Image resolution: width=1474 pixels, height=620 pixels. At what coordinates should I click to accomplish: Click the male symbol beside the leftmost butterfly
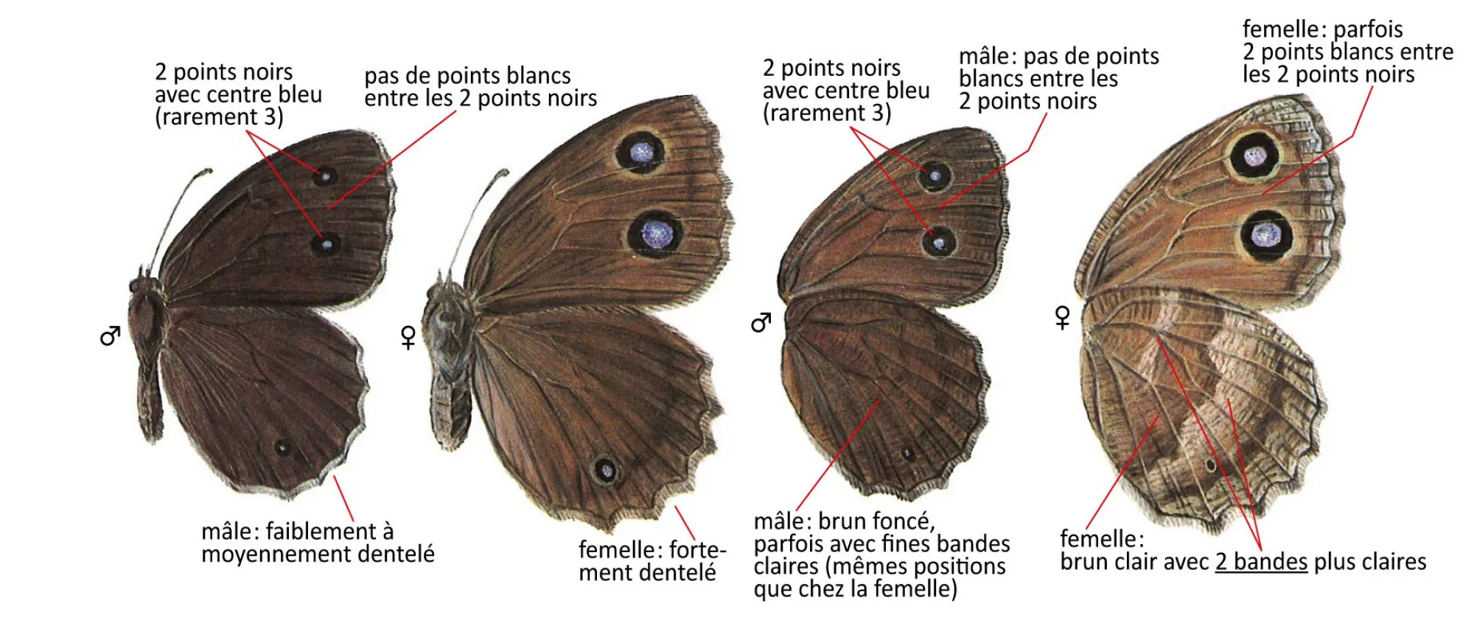[x=110, y=336]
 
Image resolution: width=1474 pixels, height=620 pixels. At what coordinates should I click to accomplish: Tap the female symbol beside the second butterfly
[x=408, y=338]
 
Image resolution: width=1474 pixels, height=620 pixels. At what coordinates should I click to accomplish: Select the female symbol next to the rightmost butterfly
[x=1063, y=318]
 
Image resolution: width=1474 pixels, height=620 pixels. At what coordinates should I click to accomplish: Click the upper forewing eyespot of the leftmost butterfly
[x=323, y=176]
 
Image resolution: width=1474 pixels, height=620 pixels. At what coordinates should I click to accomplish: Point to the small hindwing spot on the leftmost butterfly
[x=282, y=447]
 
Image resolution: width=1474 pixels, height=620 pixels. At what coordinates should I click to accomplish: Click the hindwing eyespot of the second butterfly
[x=605, y=470]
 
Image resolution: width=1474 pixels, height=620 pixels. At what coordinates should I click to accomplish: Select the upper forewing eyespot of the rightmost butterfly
[x=1254, y=156]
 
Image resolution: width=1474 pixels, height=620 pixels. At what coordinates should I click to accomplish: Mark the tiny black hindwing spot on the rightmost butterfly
[x=1210, y=466]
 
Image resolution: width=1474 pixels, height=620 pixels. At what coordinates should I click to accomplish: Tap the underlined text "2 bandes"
[x=1261, y=562]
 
